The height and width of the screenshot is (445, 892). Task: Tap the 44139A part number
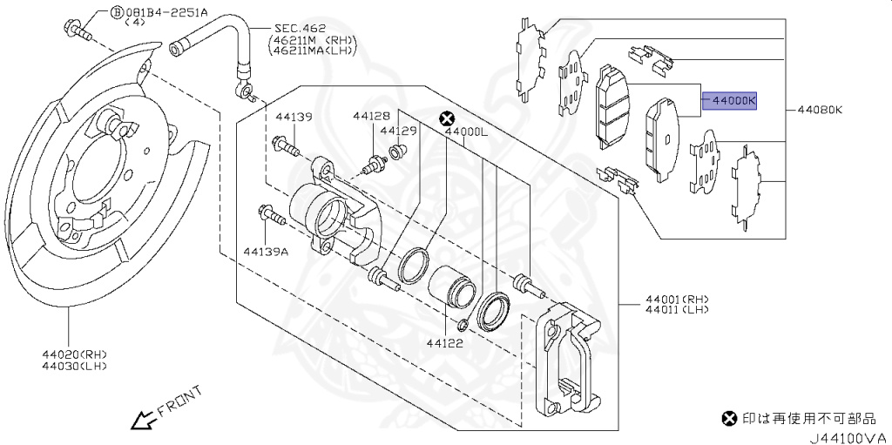(266, 251)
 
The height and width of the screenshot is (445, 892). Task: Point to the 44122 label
(445, 343)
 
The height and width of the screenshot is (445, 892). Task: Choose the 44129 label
(399, 131)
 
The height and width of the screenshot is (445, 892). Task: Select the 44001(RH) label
(677, 300)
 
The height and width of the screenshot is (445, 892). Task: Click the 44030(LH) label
(74, 366)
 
